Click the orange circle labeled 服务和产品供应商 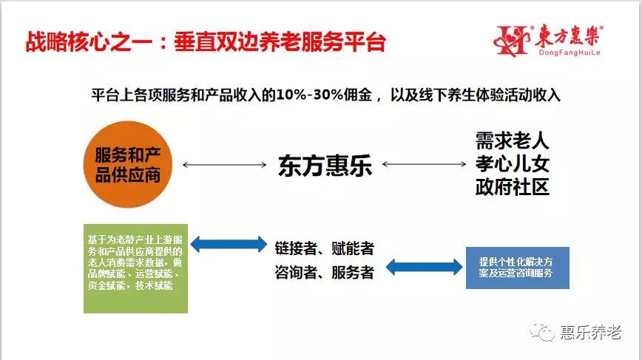point(128,164)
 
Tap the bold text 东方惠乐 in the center point(325,166)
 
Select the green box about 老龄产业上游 point(135,268)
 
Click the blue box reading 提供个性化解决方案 point(518,268)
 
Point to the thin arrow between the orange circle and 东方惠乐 point(224,165)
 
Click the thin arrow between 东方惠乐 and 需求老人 point(425,164)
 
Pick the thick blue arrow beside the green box point(229,244)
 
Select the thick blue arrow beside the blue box point(425,267)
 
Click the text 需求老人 point(512,141)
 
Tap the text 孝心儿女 point(512,164)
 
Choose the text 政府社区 point(512,187)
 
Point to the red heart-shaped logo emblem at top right point(512,40)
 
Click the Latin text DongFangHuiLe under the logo point(570,52)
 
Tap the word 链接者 point(296,248)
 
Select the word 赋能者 point(353,248)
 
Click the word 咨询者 point(296,272)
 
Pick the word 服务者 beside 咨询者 point(353,272)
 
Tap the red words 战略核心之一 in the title point(89,41)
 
